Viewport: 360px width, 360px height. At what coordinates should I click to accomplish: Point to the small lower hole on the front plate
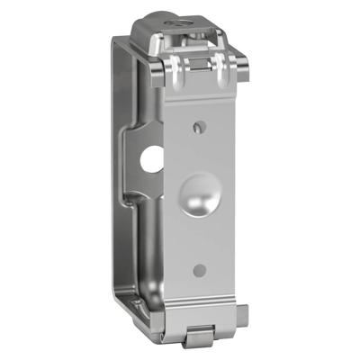click(x=200, y=269)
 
